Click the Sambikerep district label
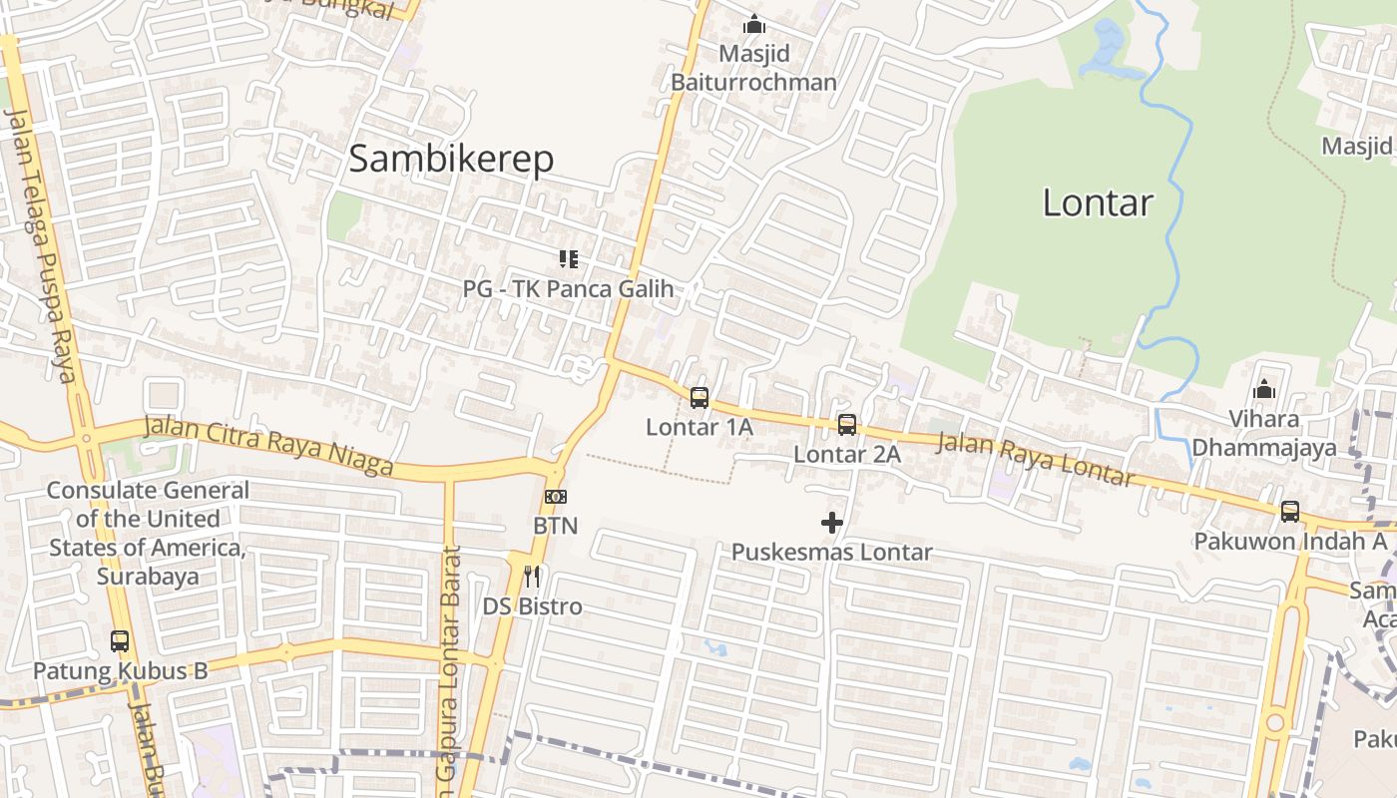(451, 159)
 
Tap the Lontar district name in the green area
(1098, 202)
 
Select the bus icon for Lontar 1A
(699, 398)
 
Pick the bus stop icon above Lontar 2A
(847, 425)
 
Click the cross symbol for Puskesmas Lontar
(831, 523)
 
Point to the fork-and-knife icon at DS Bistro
(532, 577)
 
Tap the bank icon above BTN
(556, 497)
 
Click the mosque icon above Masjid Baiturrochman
(754, 24)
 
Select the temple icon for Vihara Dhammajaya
(1264, 390)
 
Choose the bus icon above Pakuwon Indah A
(1290, 512)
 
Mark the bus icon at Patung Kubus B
(120, 641)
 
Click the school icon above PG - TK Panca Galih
(569, 260)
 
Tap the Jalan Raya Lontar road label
(1035, 458)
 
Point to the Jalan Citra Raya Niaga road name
(267, 446)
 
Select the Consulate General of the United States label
(148, 533)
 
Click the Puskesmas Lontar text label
(832, 552)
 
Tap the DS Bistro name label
(533, 606)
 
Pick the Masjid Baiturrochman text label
(753, 67)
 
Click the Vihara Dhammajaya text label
(1264, 433)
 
